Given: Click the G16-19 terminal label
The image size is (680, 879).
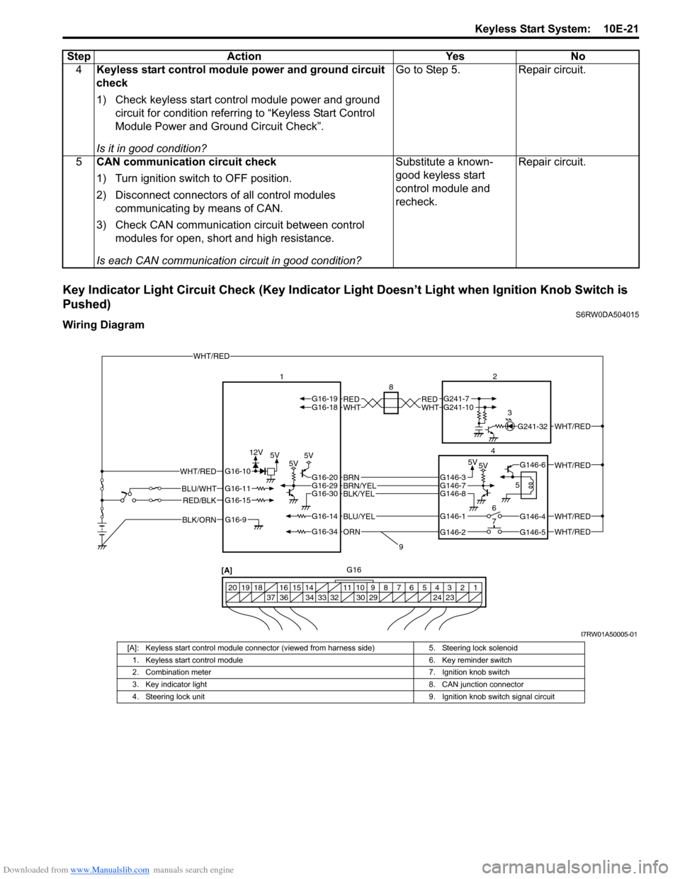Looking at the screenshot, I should [324, 398].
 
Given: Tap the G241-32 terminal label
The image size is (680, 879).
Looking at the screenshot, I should [532, 427].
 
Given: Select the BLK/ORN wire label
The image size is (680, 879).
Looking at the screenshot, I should [199, 519].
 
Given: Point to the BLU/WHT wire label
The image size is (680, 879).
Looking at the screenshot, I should [199, 488].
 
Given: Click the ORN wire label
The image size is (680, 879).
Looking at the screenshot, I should [352, 532].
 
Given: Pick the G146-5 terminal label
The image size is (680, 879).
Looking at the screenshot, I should [533, 532].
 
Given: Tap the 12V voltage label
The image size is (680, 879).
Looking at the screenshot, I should [256, 452].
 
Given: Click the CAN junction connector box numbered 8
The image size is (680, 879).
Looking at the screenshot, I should [390, 403].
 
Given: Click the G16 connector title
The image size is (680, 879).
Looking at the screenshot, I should [353, 570].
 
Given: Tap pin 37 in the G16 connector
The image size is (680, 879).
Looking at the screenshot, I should [271, 598].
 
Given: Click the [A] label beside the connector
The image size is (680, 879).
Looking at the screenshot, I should [227, 570].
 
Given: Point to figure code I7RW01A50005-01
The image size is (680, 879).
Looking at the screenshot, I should [608, 634].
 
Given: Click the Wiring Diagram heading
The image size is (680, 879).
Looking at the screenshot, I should [103, 325].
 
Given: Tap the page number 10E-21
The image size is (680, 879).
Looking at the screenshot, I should [621, 29].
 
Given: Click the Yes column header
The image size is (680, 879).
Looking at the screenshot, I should [455, 57].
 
